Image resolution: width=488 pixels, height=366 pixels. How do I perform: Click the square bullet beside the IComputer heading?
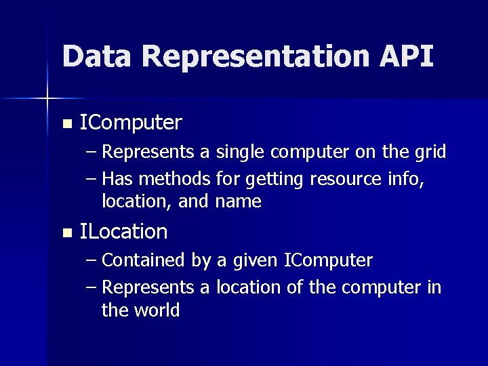pos(66,124)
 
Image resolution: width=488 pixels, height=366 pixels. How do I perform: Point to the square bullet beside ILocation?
pos(66,233)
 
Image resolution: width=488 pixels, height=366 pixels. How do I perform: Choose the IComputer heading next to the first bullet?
pos(131,123)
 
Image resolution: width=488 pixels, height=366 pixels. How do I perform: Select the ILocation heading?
pos(123,232)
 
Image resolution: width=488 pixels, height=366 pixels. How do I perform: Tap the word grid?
pos(430,152)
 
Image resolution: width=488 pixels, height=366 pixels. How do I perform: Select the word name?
pos(239,201)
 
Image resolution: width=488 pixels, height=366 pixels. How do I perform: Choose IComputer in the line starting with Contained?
pos(328,261)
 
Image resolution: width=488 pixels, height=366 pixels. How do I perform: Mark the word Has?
pos(117,179)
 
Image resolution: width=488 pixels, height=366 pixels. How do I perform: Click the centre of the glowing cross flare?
pos(47,99)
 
